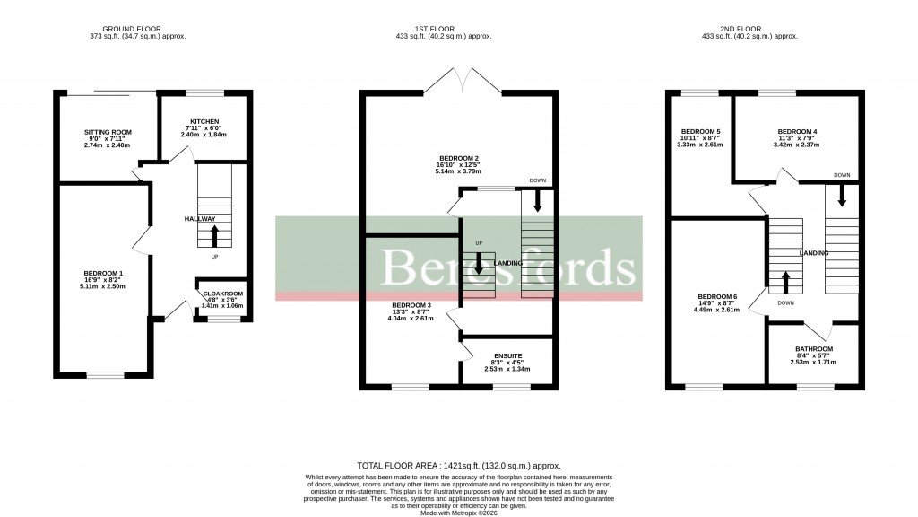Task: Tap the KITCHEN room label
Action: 204,122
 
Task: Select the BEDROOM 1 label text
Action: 103,273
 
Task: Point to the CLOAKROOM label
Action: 222,294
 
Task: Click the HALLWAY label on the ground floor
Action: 200,219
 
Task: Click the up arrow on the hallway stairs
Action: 214,235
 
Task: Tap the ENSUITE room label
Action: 507,356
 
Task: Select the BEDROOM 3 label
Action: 411,305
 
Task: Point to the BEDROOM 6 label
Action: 717,296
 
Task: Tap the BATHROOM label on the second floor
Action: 814,349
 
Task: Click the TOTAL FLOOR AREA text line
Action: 459,466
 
